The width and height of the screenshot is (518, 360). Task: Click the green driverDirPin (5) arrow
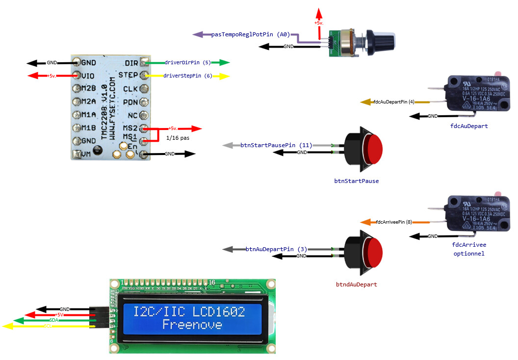pyautogui.click(x=223, y=63)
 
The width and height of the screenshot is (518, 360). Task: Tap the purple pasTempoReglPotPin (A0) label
pyautogui.click(x=251, y=35)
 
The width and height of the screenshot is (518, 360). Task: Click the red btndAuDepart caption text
pyautogui.click(x=356, y=284)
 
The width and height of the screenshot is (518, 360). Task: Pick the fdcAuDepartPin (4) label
pyautogui.click(x=394, y=102)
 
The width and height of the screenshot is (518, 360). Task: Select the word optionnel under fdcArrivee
pyautogui.click(x=468, y=254)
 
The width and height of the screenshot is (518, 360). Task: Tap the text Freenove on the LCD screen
pyautogui.click(x=192, y=324)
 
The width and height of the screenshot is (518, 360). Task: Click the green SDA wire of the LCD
pyautogui.click(x=54, y=320)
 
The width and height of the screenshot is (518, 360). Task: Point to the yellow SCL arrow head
pyautogui.click(x=7, y=326)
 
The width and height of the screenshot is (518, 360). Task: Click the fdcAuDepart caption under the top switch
pyautogui.click(x=468, y=126)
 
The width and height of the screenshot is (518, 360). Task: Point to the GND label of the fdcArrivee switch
pyautogui.click(x=432, y=236)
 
